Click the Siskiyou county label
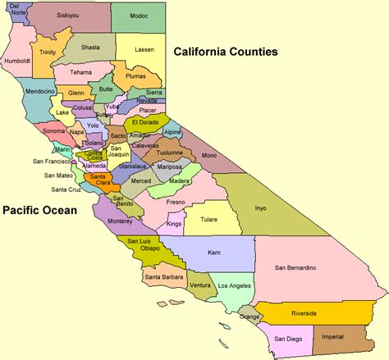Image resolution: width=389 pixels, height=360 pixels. click(x=69, y=16)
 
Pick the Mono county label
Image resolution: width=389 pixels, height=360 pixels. click(x=209, y=154)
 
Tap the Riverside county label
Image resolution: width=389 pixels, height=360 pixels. click(x=304, y=312)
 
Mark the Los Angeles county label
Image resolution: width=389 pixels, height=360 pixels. click(x=235, y=285)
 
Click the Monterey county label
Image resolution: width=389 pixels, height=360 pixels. click(x=119, y=221)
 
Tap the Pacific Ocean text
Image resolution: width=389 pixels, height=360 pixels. click(x=39, y=211)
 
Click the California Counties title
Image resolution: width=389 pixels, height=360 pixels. click(x=225, y=52)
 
